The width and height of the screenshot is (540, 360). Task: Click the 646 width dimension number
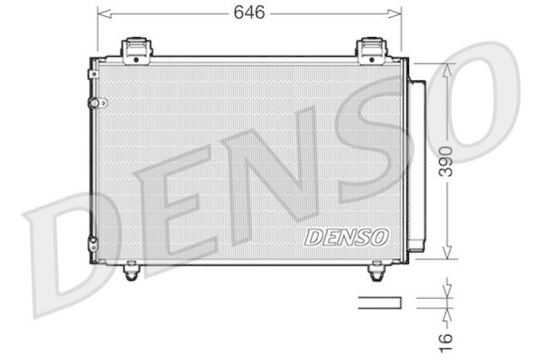click(249, 11)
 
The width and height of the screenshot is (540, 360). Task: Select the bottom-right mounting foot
click(376, 271)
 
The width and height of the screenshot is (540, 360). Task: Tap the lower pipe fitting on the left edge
click(93, 243)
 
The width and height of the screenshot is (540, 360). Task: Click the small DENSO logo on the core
click(347, 237)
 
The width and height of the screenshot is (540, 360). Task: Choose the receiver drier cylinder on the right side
click(416, 165)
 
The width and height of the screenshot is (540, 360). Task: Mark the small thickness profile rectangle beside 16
click(379, 302)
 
